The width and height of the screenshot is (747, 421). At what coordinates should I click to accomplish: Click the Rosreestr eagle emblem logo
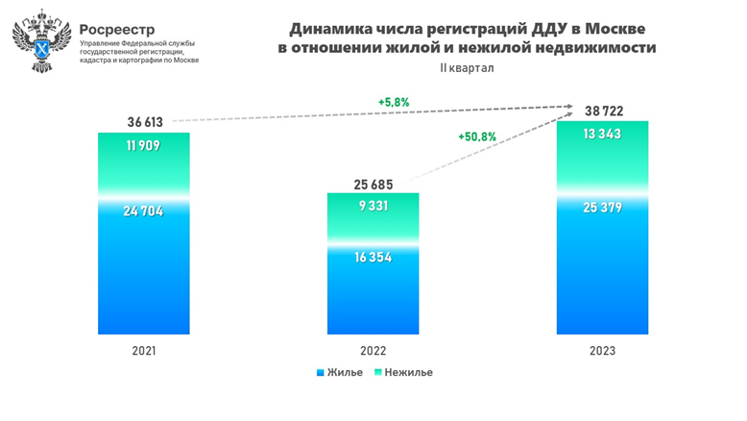point(39,40)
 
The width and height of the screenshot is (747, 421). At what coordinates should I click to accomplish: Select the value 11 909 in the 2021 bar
point(144,147)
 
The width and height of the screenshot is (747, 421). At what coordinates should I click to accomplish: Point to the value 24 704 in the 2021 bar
point(144,211)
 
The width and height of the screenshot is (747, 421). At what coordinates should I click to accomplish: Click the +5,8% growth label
point(394,101)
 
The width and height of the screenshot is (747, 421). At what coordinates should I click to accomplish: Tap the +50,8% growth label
point(477,136)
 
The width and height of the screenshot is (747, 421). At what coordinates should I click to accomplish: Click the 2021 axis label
point(144,351)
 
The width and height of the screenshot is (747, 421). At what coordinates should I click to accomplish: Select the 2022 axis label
point(373,351)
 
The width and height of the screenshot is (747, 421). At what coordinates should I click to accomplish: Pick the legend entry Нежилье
point(402,372)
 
